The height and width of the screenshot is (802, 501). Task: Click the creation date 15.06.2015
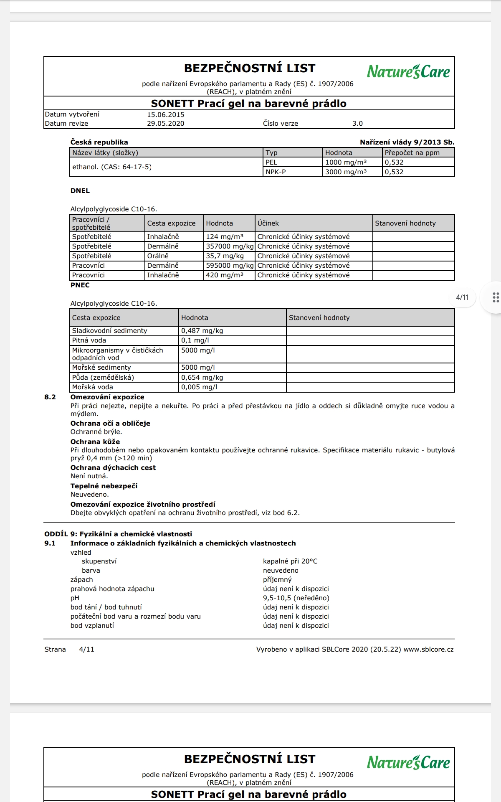[x=165, y=114]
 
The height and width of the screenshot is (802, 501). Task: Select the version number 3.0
[x=357, y=124]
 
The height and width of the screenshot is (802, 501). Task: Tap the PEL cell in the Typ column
[x=271, y=162]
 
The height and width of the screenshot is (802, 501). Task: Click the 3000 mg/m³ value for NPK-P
[x=346, y=172]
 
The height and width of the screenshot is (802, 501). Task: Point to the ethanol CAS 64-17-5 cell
[x=112, y=167]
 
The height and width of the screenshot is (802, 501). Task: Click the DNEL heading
[x=80, y=190]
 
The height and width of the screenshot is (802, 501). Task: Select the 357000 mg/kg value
[x=230, y=246]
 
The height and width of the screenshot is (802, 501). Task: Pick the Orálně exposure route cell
[x=158, y=256]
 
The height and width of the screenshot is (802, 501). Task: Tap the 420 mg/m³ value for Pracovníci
[x=225, y=275]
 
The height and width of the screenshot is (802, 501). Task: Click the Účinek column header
[x=268, y=223]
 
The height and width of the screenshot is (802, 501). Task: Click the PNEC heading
[x=80, y=285]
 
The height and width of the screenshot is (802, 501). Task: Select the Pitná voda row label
[x=89, y=340]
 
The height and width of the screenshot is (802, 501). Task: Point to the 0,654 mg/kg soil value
[x=202, y=377]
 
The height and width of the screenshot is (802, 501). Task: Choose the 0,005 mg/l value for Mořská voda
[x=199, y=387]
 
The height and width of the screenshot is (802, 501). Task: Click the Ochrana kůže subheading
[x=95, y=442]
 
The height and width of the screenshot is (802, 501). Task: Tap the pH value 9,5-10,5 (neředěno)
[x=296, y=598]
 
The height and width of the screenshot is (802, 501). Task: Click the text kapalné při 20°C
[x=290, y=561]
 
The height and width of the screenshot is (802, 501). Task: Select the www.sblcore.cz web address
[x=428, y=650]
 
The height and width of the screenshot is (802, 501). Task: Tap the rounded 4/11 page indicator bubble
[x=462, y=297]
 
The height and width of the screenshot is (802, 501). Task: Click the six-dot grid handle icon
[x=496, y=297]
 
